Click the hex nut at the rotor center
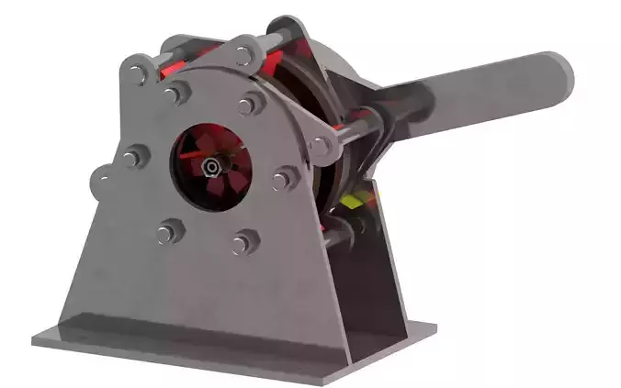(212, 167)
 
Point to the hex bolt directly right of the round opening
(280, 180)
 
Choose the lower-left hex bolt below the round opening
(165, 234)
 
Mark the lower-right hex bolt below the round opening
(243, 243)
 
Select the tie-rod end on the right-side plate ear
(321, 146)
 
